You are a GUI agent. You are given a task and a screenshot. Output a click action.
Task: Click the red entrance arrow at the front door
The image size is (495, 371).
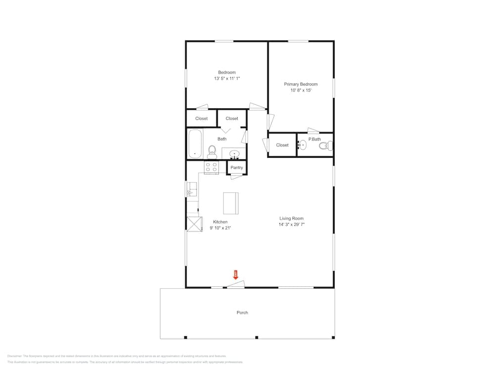(x=236, y=275)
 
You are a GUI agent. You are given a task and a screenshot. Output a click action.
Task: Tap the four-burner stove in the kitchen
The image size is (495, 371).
(x=212, y=167)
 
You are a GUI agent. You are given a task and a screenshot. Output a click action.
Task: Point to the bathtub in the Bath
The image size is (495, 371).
(x=195, y=143)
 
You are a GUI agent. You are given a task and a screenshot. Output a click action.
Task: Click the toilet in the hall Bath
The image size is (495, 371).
(x=212, y=151)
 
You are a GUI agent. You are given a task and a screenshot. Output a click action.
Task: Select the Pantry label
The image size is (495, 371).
(x=237, y=168)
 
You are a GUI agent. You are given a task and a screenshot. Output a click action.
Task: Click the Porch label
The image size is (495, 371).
(x=242, y=313)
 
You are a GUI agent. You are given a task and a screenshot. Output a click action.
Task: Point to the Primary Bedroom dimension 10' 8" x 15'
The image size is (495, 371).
(x=300, y=91)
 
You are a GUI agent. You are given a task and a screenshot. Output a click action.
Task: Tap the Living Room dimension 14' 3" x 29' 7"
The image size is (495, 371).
(x=292, y=225)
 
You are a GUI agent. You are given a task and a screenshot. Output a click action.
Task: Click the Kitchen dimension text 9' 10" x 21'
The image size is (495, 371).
(x=220, y=228)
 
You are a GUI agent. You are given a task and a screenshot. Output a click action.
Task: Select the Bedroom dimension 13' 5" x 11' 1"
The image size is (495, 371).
(x=227, y=79)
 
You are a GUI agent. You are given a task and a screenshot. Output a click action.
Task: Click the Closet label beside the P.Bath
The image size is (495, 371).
(x=282, y=145)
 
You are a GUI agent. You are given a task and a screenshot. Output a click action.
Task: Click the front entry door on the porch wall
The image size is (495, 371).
(x=236, y=284)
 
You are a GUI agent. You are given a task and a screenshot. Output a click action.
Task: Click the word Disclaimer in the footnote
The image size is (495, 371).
(x=17, y=356)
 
